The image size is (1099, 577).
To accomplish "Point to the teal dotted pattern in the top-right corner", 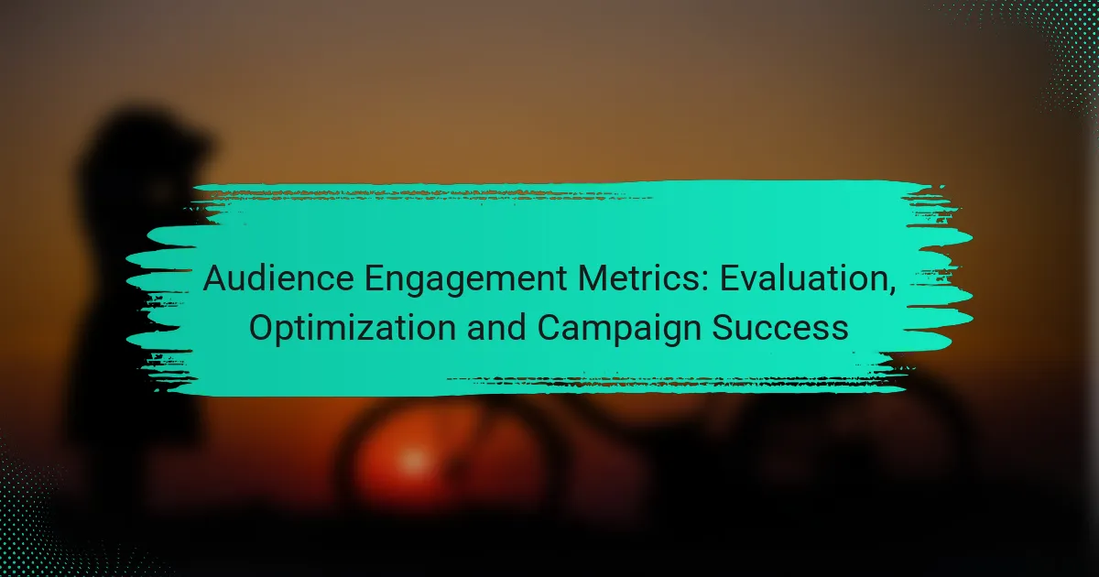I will pos(1053,46).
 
